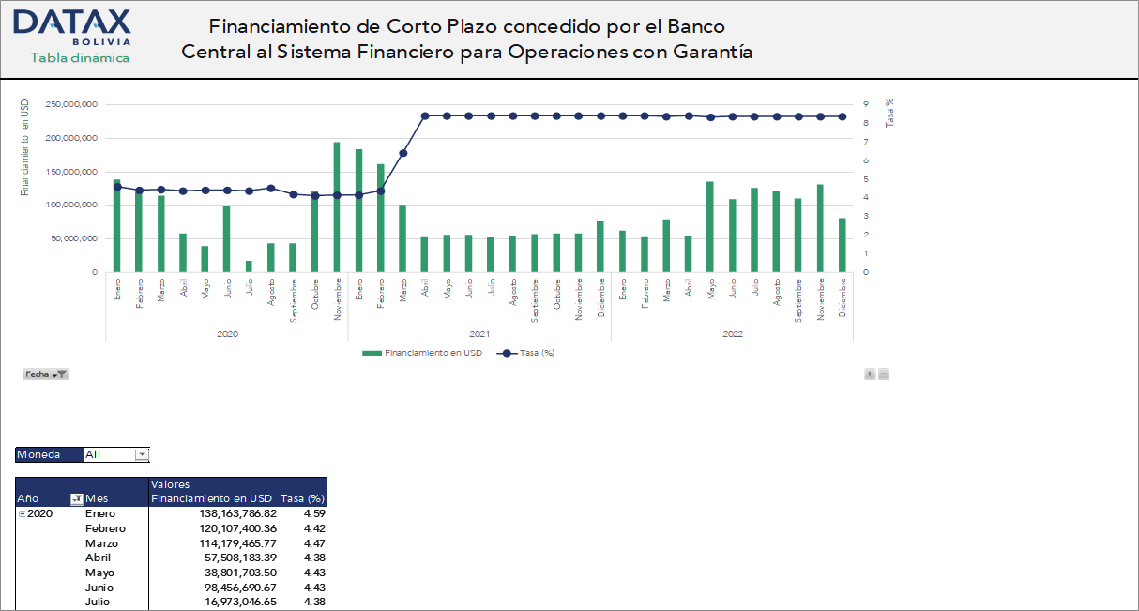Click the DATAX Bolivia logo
[73, 35]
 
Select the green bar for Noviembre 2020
[336, 206]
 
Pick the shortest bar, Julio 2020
[249, 267]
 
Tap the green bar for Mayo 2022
[710, 226]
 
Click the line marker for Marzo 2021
[402, 153]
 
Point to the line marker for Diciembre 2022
[842, 116]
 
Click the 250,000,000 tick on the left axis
[71, 104]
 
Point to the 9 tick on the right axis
[865, 104]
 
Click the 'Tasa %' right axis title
[889, 113]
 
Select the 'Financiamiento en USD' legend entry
[423, 353]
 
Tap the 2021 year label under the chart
[478, 333]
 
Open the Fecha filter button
[46, 374]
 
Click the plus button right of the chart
[870, 374]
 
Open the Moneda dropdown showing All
[142, 454]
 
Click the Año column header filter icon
[77, 498]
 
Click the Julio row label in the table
[98, 602]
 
